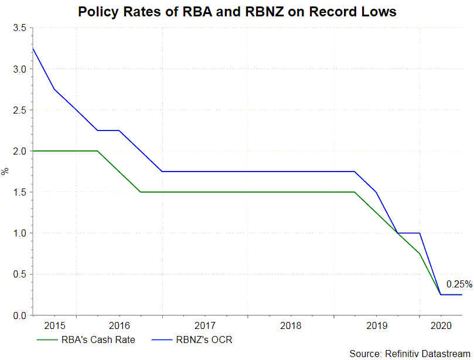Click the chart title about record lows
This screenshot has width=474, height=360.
coord(237,12)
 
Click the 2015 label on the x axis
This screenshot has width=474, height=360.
coord(54,325)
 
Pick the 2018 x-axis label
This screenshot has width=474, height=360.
coord(291,325)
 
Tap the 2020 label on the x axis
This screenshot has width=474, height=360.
coord(441,325)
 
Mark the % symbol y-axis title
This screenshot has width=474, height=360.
coord(5,172)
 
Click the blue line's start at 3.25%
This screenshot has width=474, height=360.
coord(33,48)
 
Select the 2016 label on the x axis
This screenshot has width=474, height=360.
coord(119,325)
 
